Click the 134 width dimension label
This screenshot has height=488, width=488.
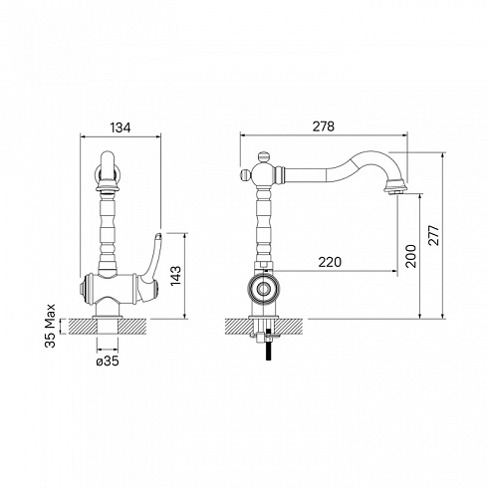click(x=121, y=127)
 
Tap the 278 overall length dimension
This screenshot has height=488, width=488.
click(x=324, y=126)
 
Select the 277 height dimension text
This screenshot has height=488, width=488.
click(x=433, y=235)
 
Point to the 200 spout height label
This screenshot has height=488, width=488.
click(x=410, y=256)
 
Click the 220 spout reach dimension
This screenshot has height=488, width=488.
click(x=330, y=262)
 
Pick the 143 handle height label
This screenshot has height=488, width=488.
click(x=175, y=276)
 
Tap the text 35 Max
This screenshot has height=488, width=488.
click(x=50, y=326)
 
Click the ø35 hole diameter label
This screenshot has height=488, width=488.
click(x=108, y=362)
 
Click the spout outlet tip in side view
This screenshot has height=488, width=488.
click(x=395, y=192)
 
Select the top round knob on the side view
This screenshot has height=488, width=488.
click(x=263, y=156)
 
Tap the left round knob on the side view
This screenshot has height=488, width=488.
click(x=245, y=174)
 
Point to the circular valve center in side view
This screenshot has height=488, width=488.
click(x=263, y=289)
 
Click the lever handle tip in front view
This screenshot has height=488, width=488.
click(x=158, y=235)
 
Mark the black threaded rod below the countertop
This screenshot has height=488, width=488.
click(x=268, y=346)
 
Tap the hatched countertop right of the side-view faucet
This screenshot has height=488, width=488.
click(x=289, y=327)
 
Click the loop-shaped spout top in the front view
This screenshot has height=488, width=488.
click(x=108, y=166)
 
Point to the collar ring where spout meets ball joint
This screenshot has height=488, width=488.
click(x=280, y=174)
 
